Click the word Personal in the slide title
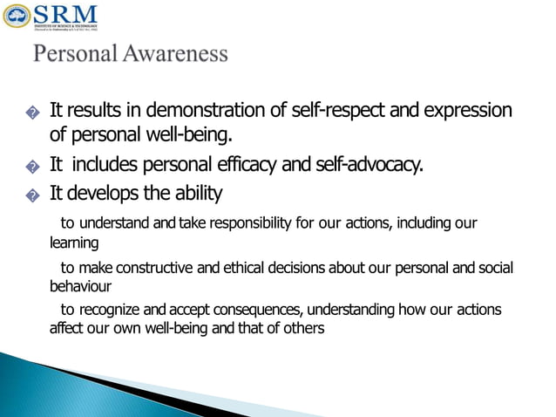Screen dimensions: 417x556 (x=72, y=54)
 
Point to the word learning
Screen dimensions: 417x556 (x=73, y=243)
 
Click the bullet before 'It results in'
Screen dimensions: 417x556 (x=32, y=113)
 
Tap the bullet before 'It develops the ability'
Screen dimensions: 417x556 (x=32, y=195)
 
